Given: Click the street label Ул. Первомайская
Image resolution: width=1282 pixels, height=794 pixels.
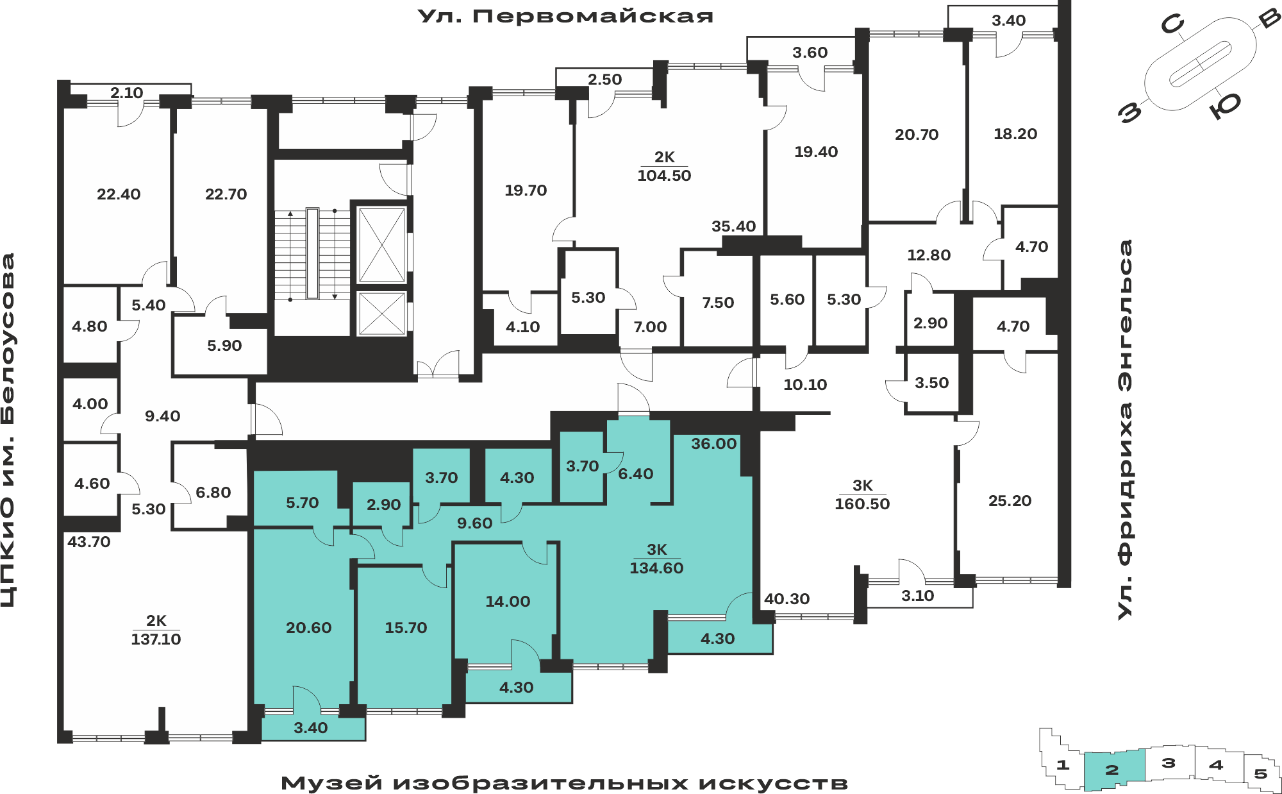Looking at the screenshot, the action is tap(565, 16).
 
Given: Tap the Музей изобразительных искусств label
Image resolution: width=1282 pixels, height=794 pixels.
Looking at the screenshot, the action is tap(565, 783).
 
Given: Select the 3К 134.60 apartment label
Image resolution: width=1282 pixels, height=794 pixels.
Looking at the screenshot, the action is tap(656, 559).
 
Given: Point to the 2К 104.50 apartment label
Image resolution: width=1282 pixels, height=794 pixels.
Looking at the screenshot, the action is tap(664, 166).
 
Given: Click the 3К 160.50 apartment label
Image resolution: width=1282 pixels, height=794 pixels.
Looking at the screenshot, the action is tap(862, 494).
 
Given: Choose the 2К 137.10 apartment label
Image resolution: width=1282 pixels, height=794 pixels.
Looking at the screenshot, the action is tap(156, 630).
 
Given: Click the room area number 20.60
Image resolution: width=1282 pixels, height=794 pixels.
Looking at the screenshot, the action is tap(308, 628).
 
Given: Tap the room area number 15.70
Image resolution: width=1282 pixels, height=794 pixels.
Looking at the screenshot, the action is tap(406, 628).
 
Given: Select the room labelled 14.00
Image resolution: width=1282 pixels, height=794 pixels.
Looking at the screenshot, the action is tap(508, 602).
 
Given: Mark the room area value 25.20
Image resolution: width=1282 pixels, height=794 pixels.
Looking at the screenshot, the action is tap(1010, 501).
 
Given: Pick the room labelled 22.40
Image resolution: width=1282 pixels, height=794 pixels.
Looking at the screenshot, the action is tap(119, 194).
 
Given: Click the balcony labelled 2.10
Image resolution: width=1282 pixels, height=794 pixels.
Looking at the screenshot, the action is tap(126, 93).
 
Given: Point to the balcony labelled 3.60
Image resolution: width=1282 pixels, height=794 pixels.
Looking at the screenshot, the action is tap(810, 53).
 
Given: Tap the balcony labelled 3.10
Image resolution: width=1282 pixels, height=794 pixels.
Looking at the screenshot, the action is tap(917, 596).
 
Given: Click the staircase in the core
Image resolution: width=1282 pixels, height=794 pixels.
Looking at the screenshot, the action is tap(312, 254).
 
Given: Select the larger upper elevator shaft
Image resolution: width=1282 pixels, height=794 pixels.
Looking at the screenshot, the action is tap(381, 244).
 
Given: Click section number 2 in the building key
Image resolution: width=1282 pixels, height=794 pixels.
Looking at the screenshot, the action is tap(1112, 770).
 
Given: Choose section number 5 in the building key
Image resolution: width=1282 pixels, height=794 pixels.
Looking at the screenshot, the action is tap(1260, 773).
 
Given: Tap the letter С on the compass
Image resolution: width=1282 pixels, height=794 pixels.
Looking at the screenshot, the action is tap(1172, 25).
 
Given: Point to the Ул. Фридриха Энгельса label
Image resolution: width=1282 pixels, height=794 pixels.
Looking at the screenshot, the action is tap(1125, 430).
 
